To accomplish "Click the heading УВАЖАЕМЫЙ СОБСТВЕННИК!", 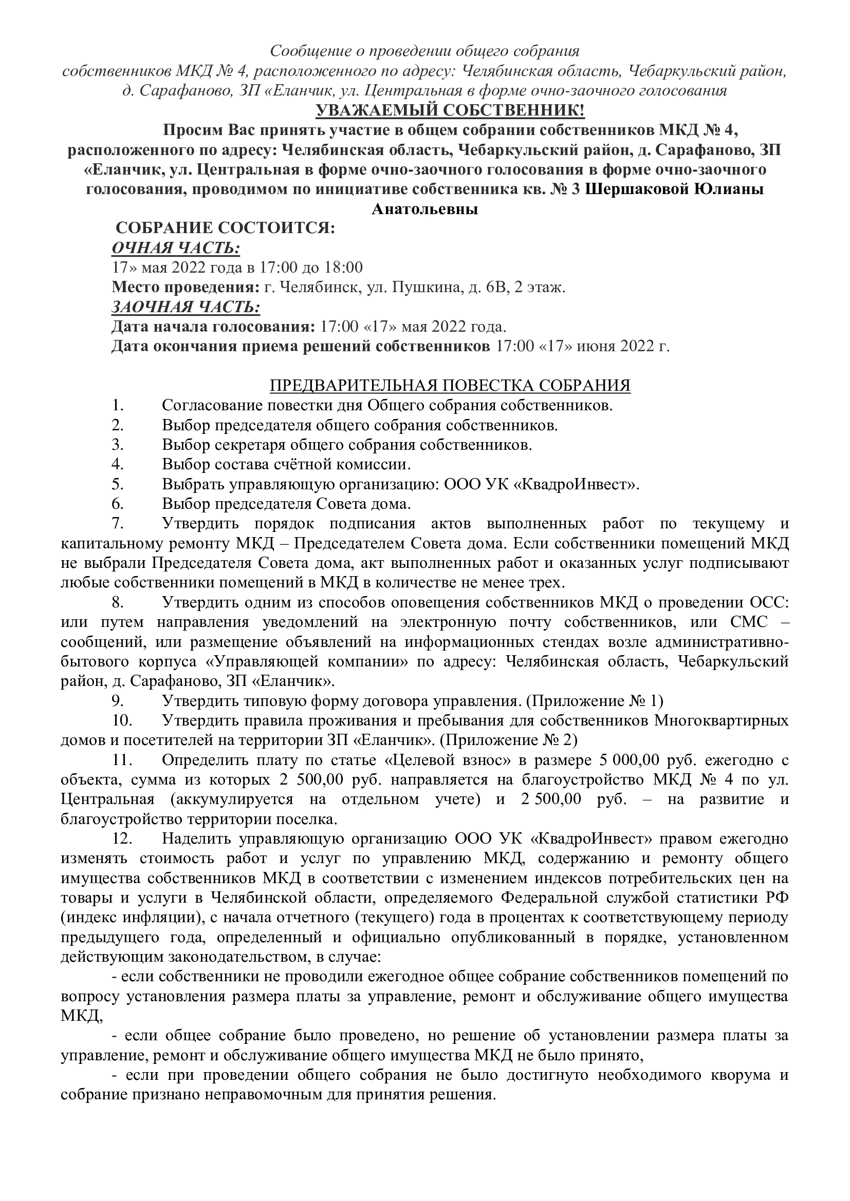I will tap(424, 111).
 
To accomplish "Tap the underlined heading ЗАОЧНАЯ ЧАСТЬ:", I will tap(186, 307).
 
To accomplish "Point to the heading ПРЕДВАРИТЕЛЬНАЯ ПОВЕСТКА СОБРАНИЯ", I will tap(450, 386).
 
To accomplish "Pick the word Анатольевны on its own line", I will tap(424, 208).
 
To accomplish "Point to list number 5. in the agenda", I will tap(117, 484).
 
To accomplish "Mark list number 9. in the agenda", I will tap(117, 700).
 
